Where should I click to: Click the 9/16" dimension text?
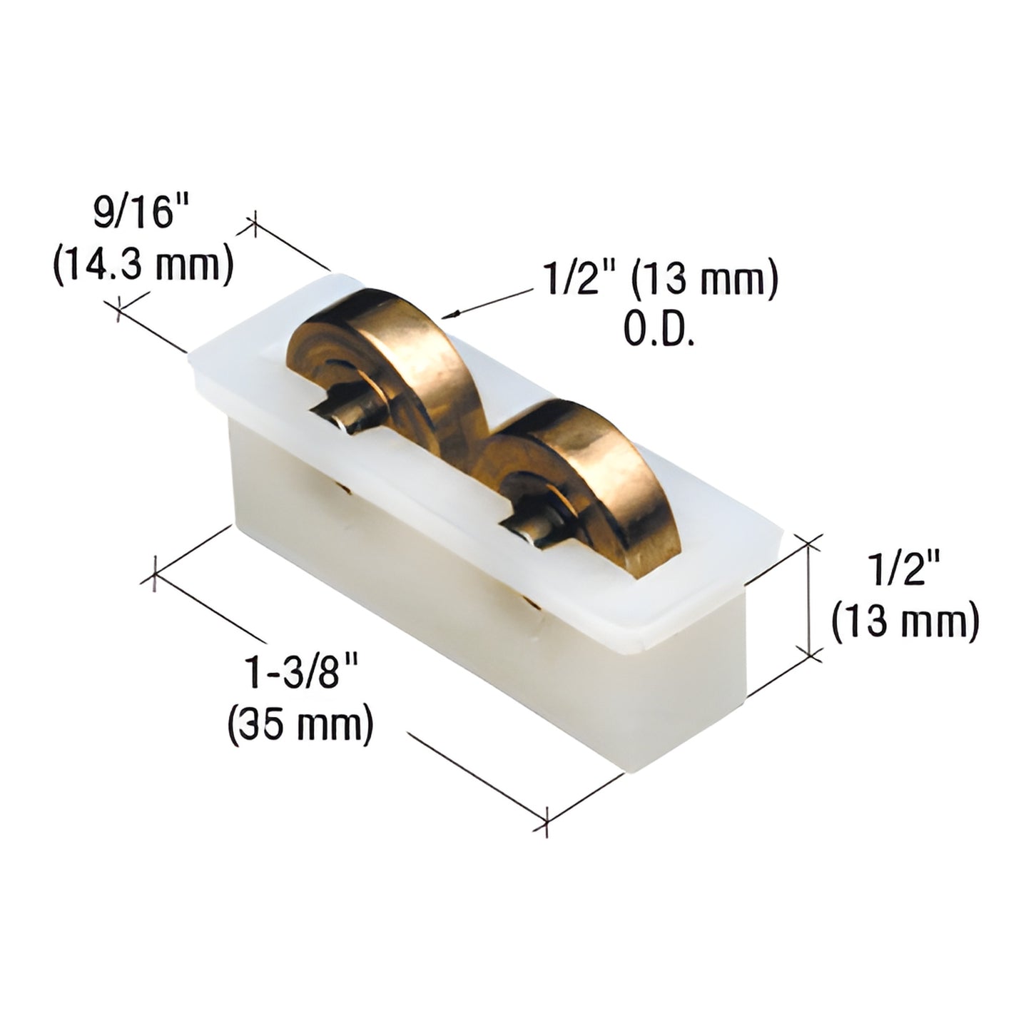(x=135, y=215)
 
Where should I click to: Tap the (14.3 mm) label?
(x=143, y=266)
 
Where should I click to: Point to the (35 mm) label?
(x=300, y=724)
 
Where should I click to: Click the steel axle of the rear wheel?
(x=342, y=421)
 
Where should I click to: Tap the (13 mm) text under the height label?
(x=904, y=623)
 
